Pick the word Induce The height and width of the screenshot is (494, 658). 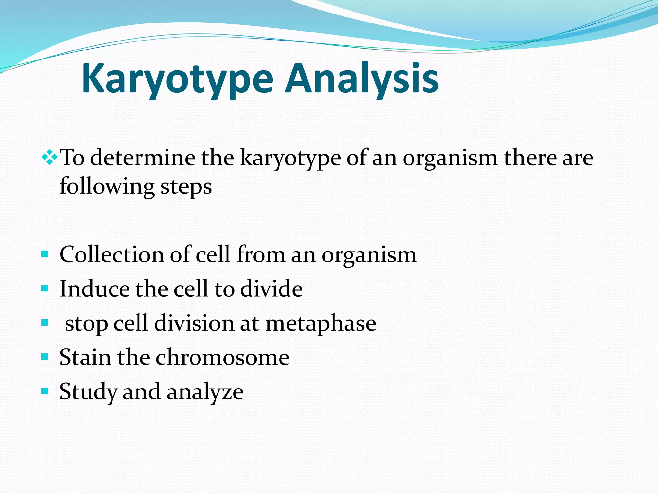click(94, 288)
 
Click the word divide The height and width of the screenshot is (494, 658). click(271, 288)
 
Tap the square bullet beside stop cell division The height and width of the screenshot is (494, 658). click(45, 323)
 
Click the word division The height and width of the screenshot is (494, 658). click(194, 323)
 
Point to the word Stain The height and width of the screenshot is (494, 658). click(85, 357)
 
